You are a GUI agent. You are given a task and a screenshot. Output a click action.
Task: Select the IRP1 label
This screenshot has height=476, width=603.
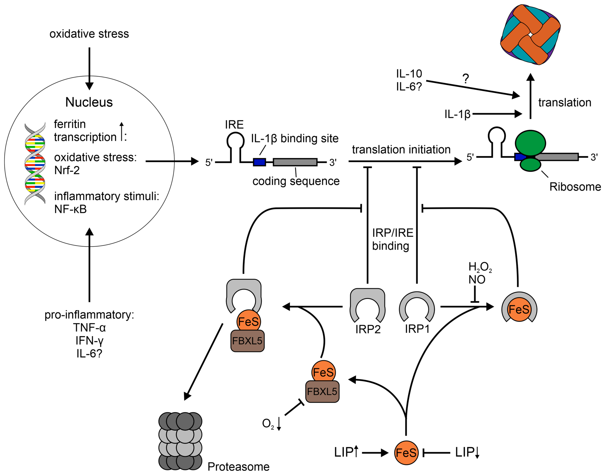click(x=417, y=329)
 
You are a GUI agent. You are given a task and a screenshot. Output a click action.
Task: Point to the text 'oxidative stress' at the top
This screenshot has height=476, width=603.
click(x=89, y=34)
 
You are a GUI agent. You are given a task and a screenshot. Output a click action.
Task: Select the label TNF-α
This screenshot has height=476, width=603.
click(x=89, y=327)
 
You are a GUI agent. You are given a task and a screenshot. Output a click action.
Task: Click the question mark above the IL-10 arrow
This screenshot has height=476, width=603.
click(x=465, y=79)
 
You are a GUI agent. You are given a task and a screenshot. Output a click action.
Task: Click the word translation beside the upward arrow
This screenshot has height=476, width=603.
click(x=565, y=102)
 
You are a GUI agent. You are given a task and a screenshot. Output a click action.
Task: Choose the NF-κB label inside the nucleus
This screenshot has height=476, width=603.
click(x=71, y=209)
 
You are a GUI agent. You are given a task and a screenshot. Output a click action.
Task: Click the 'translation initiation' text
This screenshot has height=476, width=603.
click(x=401, y=150)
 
